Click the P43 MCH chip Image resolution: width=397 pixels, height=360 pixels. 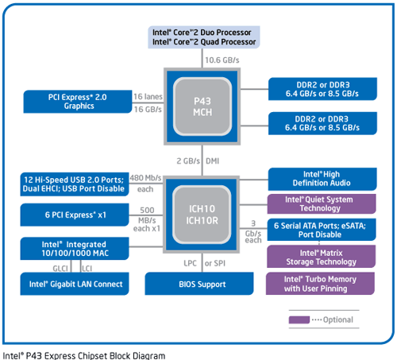coord(202,106)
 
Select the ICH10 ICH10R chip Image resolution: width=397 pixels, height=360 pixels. coord(202,215)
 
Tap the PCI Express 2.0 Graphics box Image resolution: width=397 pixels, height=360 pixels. coord(78,102)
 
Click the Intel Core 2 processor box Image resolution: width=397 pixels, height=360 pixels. coord(204,37)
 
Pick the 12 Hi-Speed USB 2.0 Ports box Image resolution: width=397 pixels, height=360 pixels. coord(75,184)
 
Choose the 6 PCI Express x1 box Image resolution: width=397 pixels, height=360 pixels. coord(75,215)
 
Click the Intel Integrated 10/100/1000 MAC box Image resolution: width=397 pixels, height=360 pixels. coord(75,249)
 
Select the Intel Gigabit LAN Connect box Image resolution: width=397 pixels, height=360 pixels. coord(75,284)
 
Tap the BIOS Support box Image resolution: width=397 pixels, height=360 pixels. coord(199,284)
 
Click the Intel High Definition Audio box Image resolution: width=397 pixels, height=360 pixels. coord(322,179)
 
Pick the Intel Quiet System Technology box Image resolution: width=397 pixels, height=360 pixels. coord(322,204)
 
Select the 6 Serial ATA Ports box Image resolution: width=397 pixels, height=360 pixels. coord(322,230)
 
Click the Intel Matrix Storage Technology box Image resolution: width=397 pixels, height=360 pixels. coord(322,257)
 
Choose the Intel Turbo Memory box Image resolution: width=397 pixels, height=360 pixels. coord(320,284)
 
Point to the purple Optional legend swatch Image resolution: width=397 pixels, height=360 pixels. coord(299,319)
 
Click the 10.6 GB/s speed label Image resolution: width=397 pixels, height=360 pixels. coord(222,60)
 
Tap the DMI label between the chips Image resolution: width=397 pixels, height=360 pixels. coord(213,161)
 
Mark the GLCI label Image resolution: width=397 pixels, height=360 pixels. coord(60,269)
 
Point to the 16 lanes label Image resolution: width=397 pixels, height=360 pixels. coord(148,96)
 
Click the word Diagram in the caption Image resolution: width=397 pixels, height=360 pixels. coord(148,355)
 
